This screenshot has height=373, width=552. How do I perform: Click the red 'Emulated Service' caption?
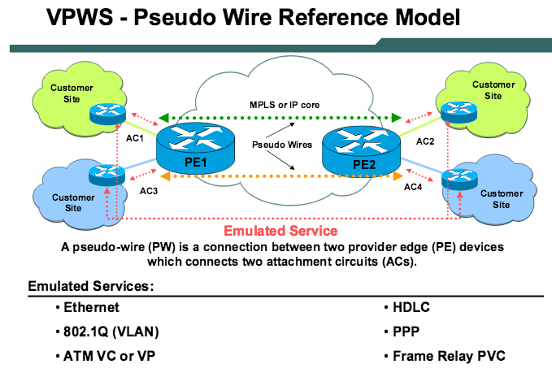click(x=280, y=232)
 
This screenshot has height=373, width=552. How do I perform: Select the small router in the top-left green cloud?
click(x=106, y=112)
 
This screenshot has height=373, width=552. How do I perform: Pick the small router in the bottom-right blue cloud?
click(x=454, y=178)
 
